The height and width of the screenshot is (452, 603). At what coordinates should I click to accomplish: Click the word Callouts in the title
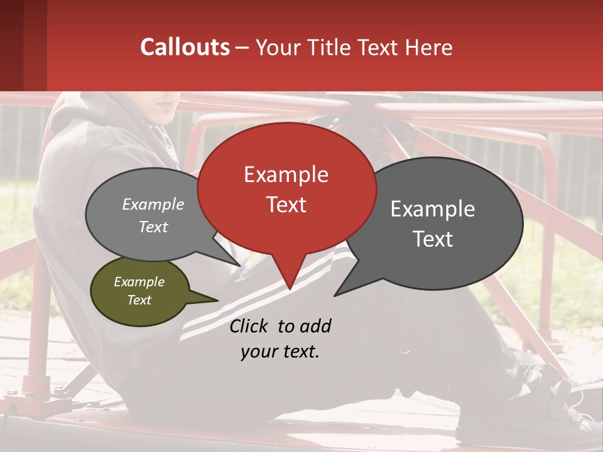coord(185,47)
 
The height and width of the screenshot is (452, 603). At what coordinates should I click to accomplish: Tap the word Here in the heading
coord(429,47)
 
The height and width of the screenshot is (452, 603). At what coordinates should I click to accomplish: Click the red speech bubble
coord(286,188)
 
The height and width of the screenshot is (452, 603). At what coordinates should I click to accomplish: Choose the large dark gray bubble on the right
coord(440,223)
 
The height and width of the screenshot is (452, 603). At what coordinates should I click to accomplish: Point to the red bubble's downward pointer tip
coord(289,288)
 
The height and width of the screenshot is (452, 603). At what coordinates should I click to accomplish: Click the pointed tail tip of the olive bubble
coord(217,301)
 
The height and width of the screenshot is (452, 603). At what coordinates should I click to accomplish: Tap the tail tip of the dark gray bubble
coord(335,294)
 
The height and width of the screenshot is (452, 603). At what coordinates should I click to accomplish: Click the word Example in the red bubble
coord(286,175)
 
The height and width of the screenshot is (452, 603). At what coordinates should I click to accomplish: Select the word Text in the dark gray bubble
coord(433,239)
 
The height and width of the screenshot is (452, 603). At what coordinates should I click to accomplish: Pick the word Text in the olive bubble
coord(139,300)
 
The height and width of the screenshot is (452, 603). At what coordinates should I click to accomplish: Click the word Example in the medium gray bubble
coord(153,204)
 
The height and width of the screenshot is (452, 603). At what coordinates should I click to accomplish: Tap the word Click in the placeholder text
coord(249,326)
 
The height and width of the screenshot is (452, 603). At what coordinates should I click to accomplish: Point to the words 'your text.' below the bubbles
coord(280,352)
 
